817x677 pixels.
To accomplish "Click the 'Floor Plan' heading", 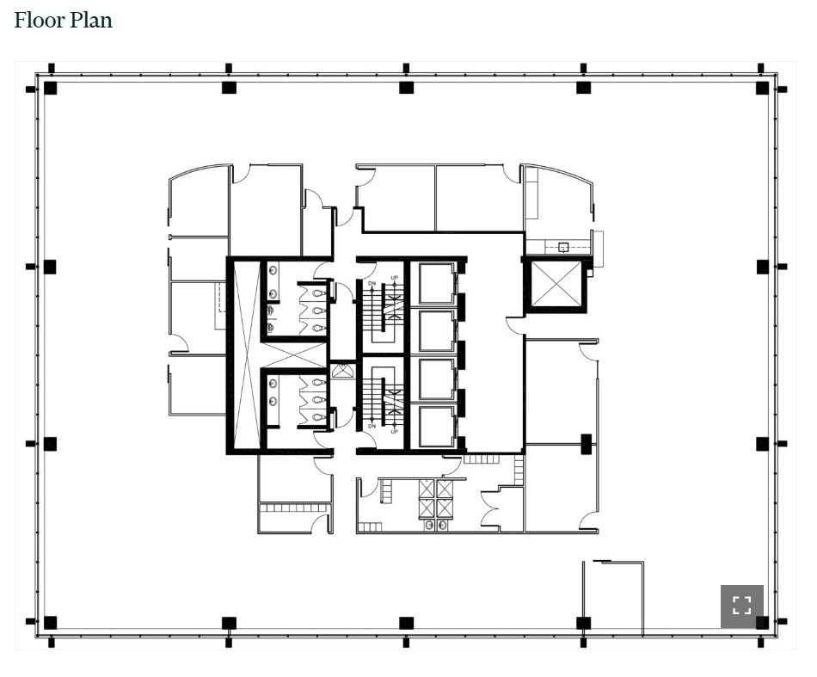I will (x=63, y=20).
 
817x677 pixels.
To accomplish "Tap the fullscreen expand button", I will (x=741, y=606).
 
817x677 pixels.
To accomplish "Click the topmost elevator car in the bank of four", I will (x=436, y=283).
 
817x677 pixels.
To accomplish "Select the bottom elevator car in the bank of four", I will (x=436, y=427).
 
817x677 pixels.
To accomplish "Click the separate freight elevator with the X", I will (x=556, y=285).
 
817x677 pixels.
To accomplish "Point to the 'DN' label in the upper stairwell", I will (x=372, y=282).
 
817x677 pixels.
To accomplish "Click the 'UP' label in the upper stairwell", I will (x=395, y=278).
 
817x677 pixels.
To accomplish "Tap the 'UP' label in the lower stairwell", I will (x=395, y=430).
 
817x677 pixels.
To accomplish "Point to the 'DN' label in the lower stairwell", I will (x=372, y=426).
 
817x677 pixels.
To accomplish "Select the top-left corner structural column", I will (x=50, y=88).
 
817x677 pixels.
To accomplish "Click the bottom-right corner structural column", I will (x=762, y=622).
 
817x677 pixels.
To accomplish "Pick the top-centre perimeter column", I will (x=406, y=88).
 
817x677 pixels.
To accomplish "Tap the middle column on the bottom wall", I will (x=406, y=623).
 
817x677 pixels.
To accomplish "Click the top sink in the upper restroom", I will (x=273, y=270).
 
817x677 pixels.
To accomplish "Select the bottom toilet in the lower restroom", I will (x=318, y=416).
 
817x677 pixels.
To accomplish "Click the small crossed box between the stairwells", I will (x=342, y=371).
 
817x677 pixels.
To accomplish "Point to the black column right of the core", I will (x=586, y=444).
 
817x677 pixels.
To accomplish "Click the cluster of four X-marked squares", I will (x=436, y=498).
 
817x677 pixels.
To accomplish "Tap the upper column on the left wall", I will (x=50, y=267).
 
